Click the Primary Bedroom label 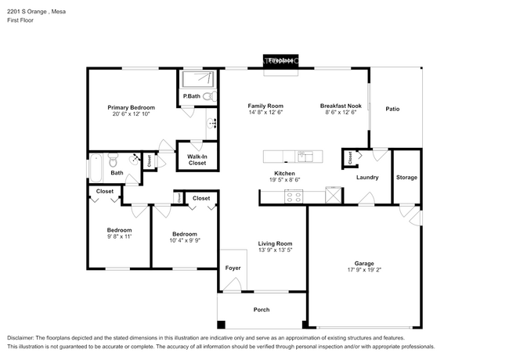131,107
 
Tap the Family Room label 265,106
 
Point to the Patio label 392,109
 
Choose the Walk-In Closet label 197,160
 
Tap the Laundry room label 367,177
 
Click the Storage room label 406,177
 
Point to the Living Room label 275,243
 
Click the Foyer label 233,268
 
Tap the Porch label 261,310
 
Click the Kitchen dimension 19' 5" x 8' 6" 283,180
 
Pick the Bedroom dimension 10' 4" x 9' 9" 185,239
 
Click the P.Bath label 191,97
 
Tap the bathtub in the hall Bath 96,167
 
